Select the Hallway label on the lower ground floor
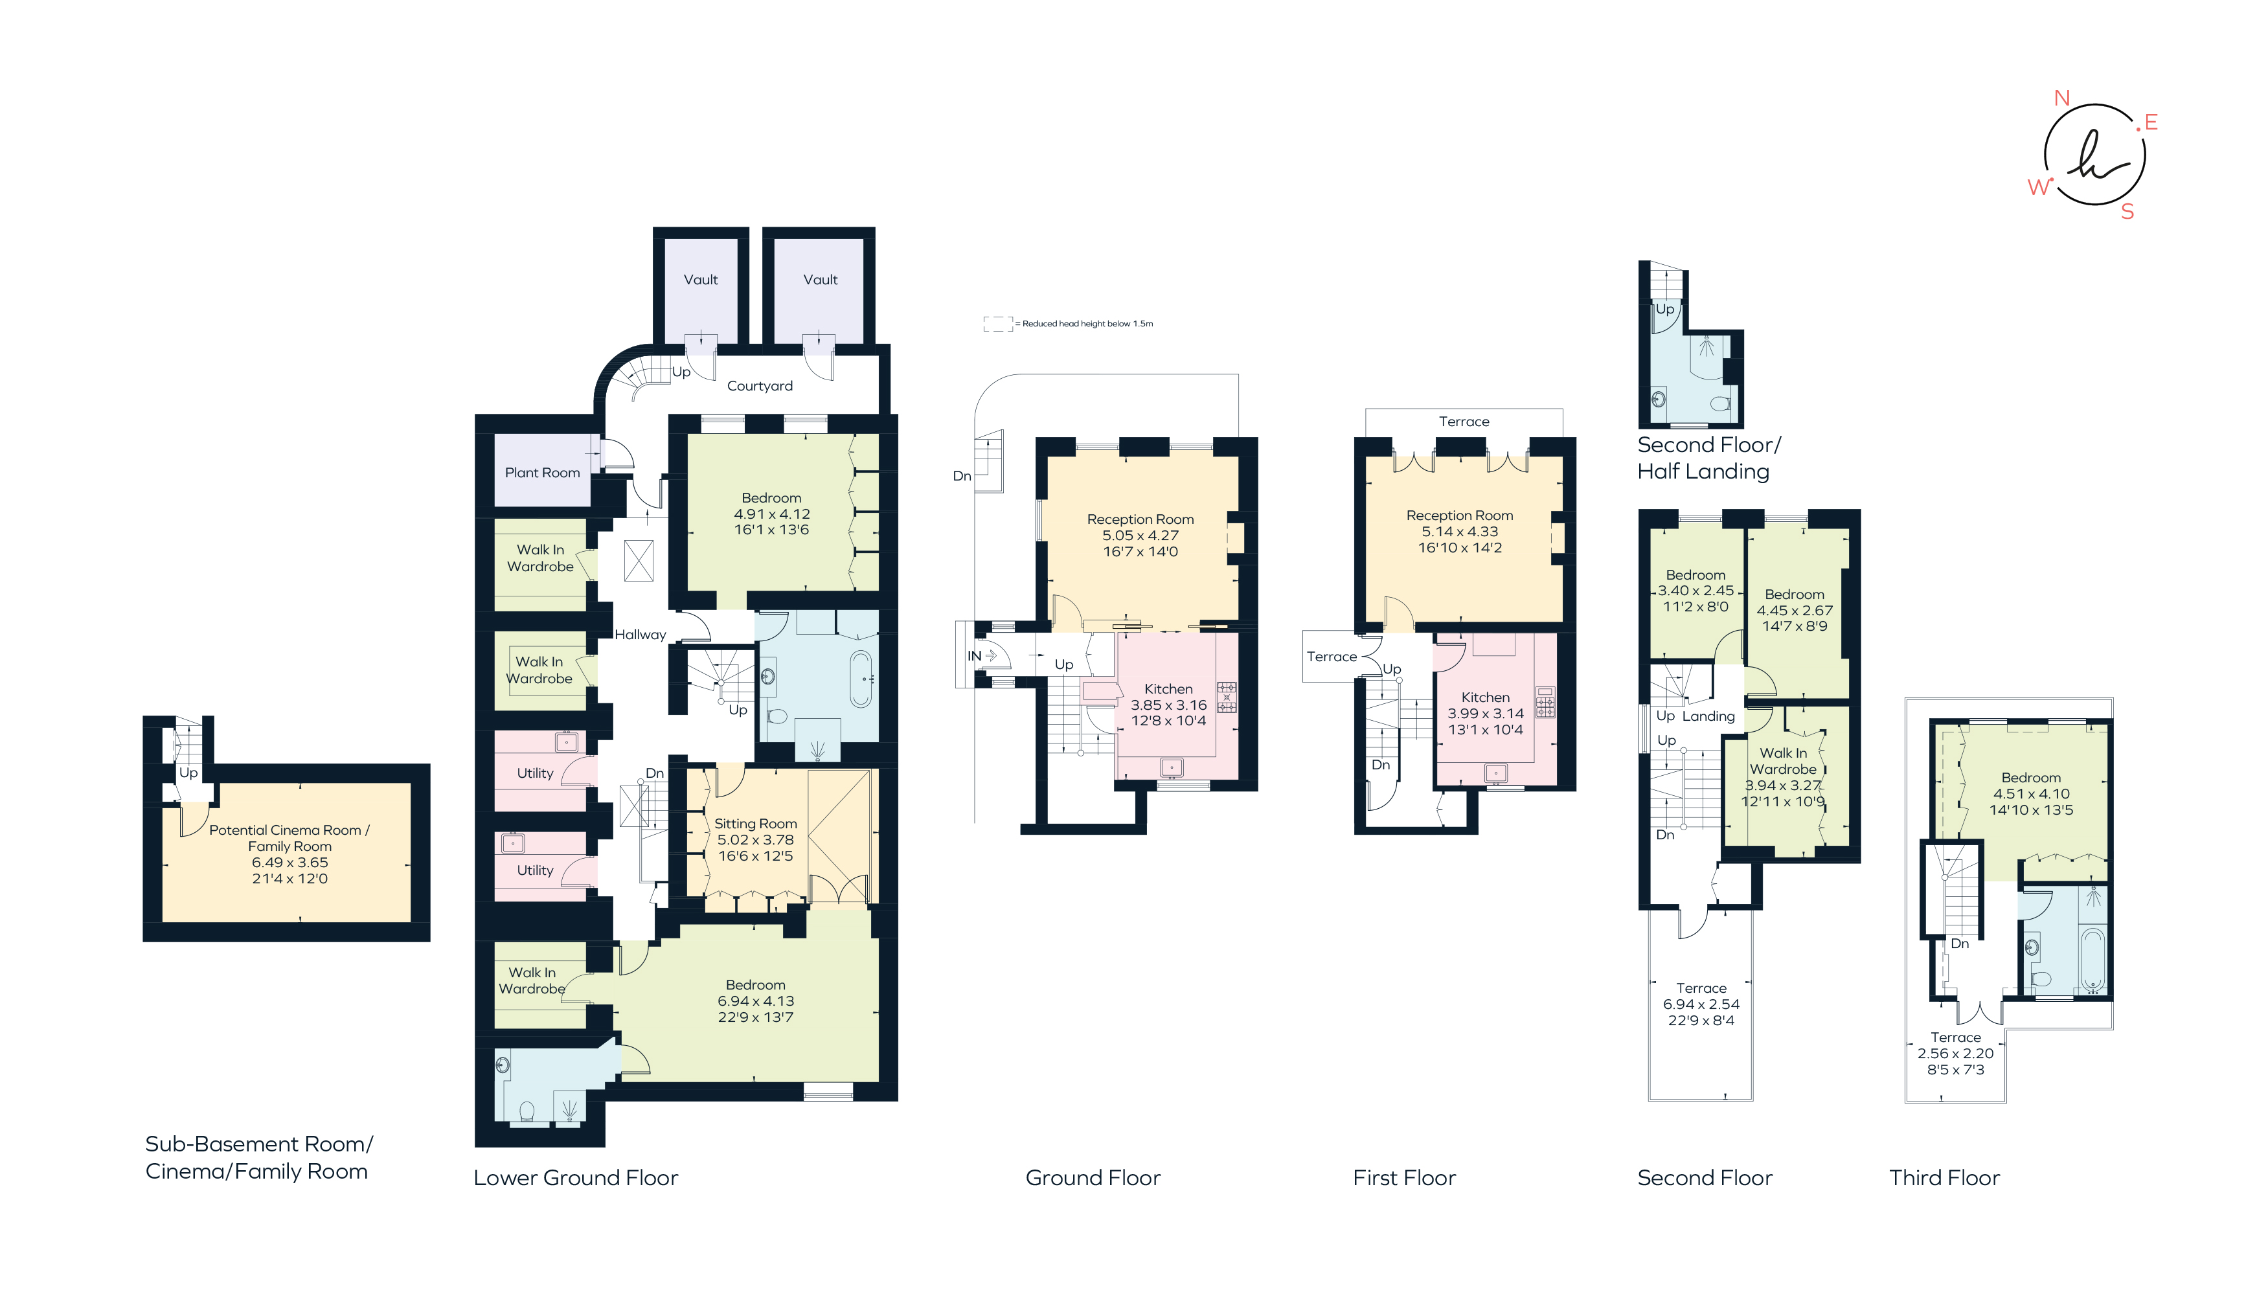[x=640, y=635]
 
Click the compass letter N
[x=2061, y=98]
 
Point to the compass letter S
[x=2127, y=212]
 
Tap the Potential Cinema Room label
[x=289, y=830]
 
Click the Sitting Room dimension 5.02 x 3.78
[x=755, y=840]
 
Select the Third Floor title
[x=1944, y=1177]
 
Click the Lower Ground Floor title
[x=575, y=1177]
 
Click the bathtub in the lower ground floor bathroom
[x=860, y=679]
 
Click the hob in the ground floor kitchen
[x=1226, y=697]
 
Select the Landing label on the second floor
[x=1708, y=716]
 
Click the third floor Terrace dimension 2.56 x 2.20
[x=1955, y=1054]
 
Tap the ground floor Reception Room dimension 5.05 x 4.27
[x=1140, y=535]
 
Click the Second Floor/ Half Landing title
[x=1707, y=458]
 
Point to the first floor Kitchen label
[x=1485, y=697]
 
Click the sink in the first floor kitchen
[x=1495, y=773]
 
